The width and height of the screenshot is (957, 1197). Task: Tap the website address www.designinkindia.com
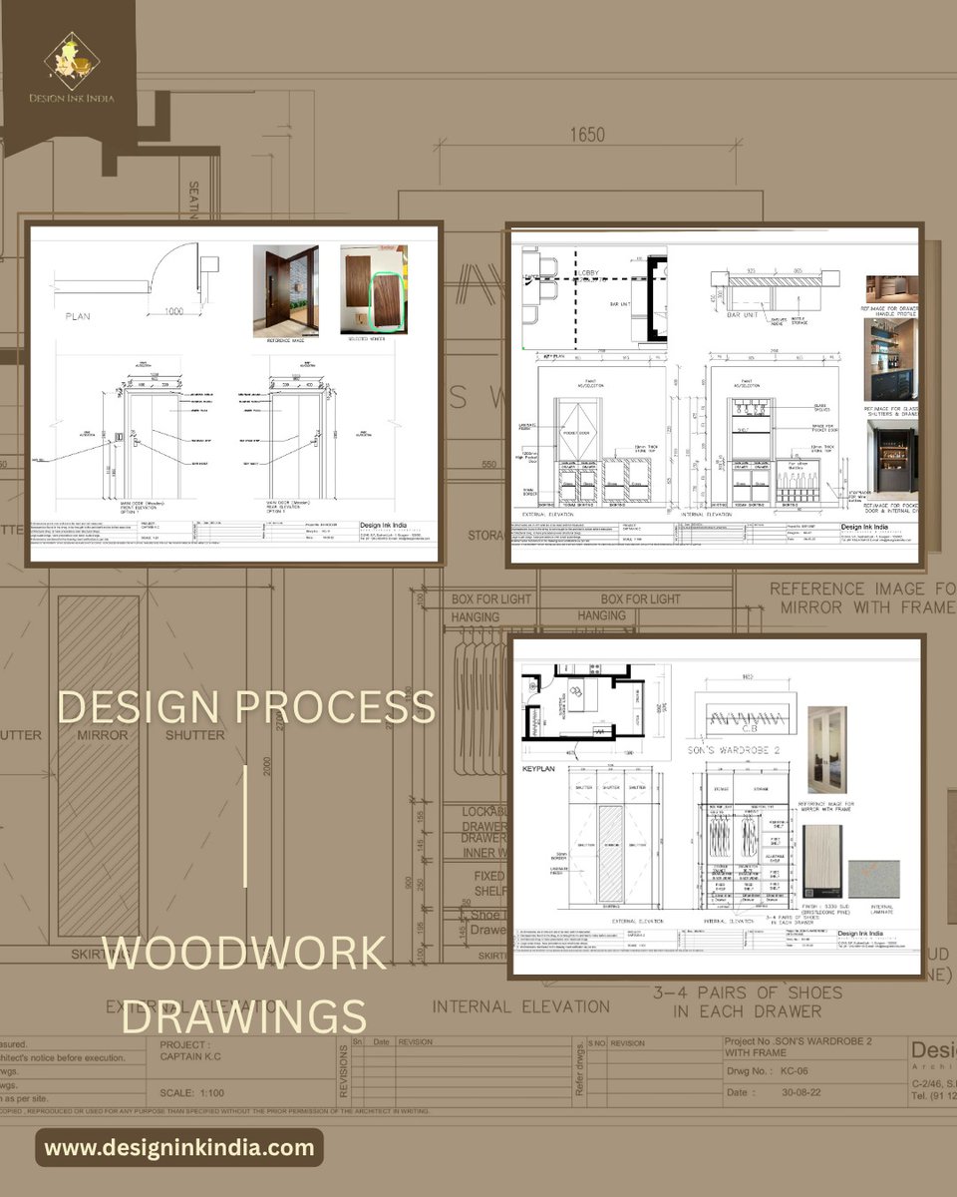point(179,1147)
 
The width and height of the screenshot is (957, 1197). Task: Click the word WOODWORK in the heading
point(244,954)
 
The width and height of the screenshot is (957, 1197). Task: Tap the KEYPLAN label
point(538,771)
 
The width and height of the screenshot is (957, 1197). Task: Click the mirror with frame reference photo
point(826,749)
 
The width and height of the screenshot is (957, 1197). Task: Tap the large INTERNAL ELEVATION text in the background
point(521,1006)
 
